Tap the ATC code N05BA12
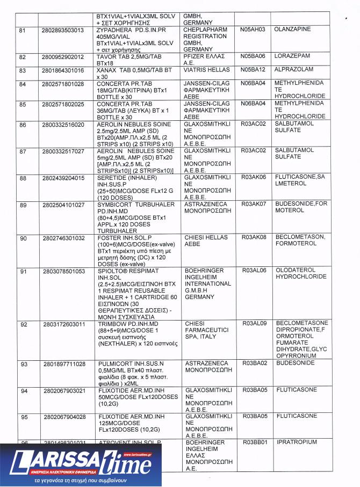pyautogui.click(x=253, y=70)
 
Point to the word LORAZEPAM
pyautogui.click(x=293, y=56)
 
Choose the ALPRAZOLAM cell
pyautogui.click(x=294, y=70)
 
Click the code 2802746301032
pyautogui.click(x=63, y=237)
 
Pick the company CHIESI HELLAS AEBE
pyautogui.click(x=206, y=241)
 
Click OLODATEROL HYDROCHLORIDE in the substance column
pyautogui.click(x=301, y=273)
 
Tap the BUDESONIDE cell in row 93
pyautogui.click(x=296, y=364)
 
